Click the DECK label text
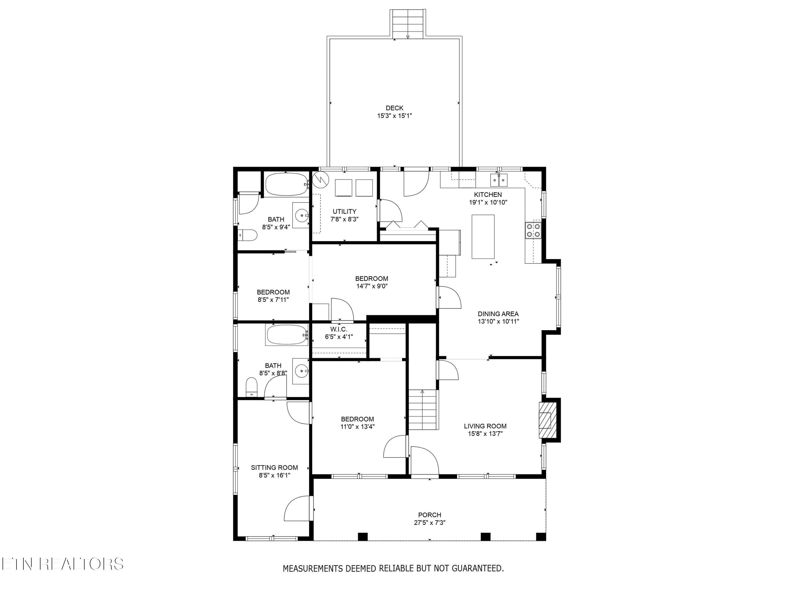click(394, 108)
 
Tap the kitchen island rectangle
click(483, 237)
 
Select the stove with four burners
click(533, 230)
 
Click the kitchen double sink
click(498, 180)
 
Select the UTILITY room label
click(344, 211)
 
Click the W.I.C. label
click(338, 330)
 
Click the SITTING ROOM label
click(274, 467)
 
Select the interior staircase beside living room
click(422, 410)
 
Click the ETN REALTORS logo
click(62, 564)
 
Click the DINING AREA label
click(498, 314)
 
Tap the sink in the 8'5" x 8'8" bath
click(301, 371)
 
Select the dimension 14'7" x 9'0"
click(372, 286)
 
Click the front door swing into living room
click(424, 460)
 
